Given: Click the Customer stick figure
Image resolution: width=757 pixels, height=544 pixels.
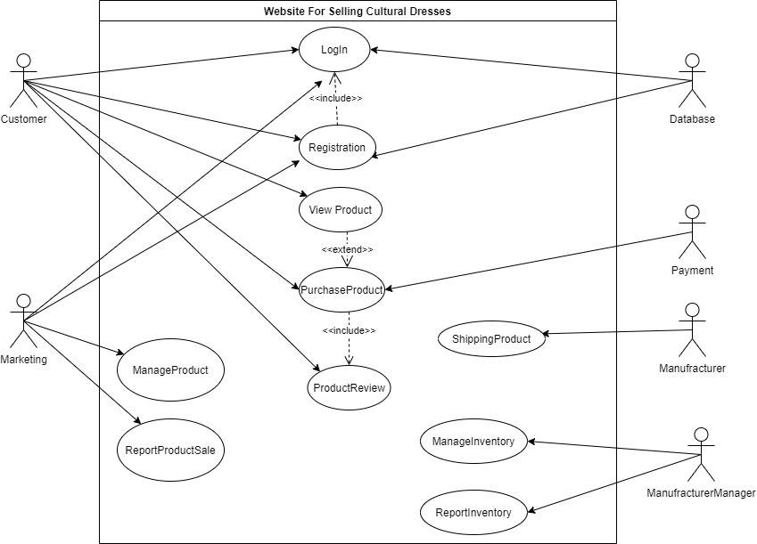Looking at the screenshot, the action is tap(24, 80).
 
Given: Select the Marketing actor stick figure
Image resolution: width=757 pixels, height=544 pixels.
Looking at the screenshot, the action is tap(24, 321).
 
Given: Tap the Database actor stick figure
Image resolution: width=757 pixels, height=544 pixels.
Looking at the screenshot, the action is tap(692, 80).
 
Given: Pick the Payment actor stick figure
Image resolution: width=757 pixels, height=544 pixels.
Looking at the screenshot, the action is tap(692, 232).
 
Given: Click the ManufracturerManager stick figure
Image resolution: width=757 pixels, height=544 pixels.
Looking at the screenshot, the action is tap(701, 454).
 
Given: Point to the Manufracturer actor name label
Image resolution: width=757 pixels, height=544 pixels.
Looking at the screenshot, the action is tap(692, 369).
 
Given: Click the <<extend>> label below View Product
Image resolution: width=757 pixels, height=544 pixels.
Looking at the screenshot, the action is tap(348, 250).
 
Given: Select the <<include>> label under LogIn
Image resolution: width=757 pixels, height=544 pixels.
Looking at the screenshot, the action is tap(336, 98).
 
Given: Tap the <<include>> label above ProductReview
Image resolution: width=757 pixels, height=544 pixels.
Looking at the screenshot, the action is tap(349, 331).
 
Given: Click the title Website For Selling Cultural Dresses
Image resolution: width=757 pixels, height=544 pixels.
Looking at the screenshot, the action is tap(358, 11).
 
